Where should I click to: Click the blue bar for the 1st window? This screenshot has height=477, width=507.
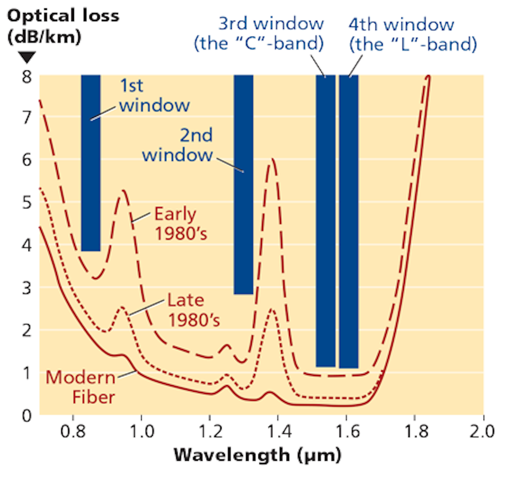coord(91,163)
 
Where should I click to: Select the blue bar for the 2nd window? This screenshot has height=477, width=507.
coord(243,184)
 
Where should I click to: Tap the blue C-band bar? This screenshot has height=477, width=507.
coord(325,221)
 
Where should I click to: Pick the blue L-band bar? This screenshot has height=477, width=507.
coord(349,222)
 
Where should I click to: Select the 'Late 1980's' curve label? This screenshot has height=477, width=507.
coord(193,310)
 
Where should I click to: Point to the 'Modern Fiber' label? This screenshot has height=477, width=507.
coord(81,387)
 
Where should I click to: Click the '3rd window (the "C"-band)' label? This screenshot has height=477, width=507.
coord(259,33)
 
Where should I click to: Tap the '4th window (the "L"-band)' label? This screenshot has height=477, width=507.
coord(413,34)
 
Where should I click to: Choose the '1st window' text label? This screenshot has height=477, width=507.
coord(154,95)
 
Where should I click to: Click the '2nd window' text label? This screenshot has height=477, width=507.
coord(177,145)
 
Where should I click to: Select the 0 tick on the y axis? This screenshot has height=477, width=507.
coord(27,416)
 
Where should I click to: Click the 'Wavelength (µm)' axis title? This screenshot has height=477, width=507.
coord(257,455)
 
